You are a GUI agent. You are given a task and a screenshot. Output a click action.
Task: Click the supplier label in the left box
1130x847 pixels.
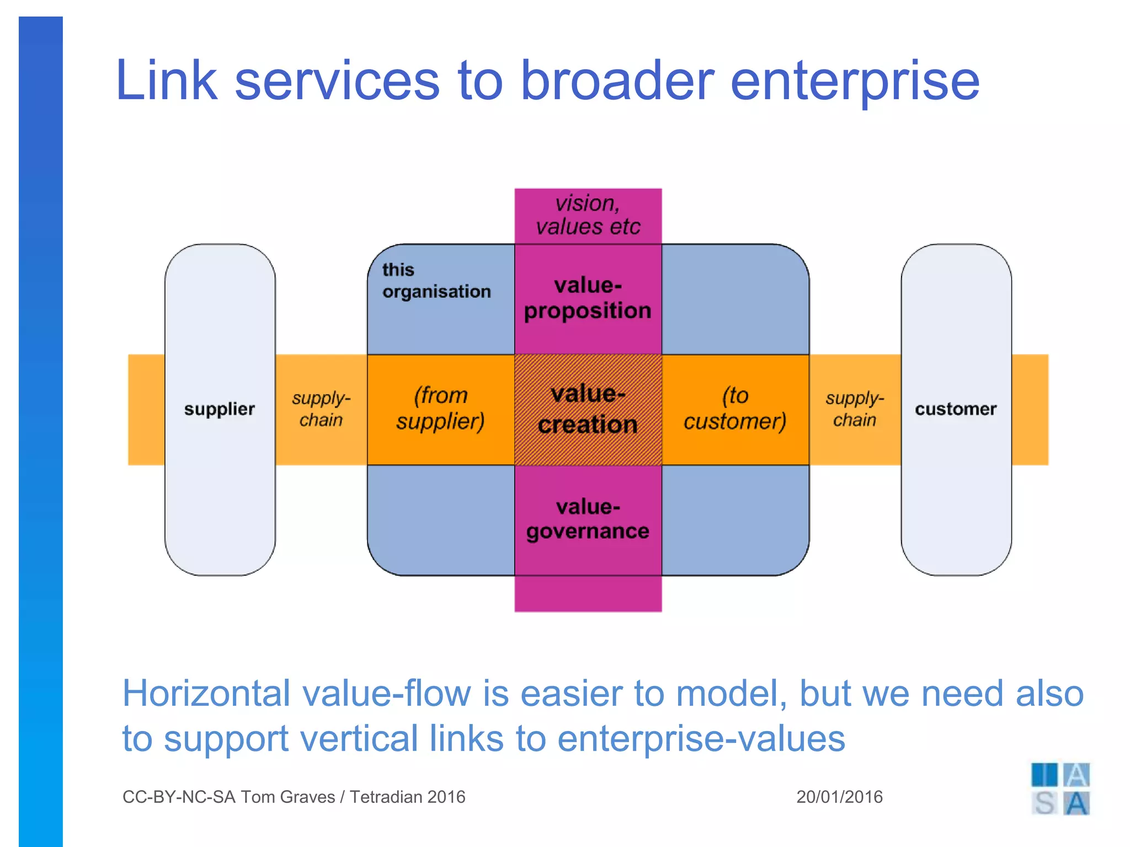point(220,409)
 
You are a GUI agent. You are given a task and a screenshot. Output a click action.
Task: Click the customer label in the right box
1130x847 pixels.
point(956,409)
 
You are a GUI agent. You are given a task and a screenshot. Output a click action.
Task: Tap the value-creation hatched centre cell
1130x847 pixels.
point(588,409)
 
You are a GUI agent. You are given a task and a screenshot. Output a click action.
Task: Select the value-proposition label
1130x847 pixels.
point(588,298)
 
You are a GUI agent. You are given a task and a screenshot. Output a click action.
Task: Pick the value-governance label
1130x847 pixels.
point(588,519)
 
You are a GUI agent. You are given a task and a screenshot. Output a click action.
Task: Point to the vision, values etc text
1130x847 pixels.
point(588,215)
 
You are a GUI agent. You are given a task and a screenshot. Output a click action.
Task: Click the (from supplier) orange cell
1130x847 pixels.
point(441,409)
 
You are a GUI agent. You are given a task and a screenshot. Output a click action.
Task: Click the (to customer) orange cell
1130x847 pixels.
point(735,409)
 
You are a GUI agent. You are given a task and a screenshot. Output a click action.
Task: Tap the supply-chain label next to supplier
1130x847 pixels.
point(321,409)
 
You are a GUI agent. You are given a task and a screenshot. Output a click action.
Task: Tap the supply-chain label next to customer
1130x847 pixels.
point(855,409)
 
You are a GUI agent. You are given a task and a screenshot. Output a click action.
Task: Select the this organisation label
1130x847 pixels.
point(436,281)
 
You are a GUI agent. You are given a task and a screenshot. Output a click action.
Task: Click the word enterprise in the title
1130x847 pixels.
point(855,82)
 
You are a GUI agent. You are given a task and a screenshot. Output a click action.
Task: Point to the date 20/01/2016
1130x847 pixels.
point(839,797)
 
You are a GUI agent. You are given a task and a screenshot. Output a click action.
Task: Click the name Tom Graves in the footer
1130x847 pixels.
point(287,797)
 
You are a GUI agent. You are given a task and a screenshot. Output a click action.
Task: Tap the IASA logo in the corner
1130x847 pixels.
point(1060,789)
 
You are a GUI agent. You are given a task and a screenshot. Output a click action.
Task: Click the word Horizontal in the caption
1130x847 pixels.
point(205,693)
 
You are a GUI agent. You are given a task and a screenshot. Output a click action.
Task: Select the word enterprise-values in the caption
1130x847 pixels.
point(701,739)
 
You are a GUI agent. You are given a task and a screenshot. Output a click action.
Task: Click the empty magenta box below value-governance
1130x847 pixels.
point(588,594)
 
